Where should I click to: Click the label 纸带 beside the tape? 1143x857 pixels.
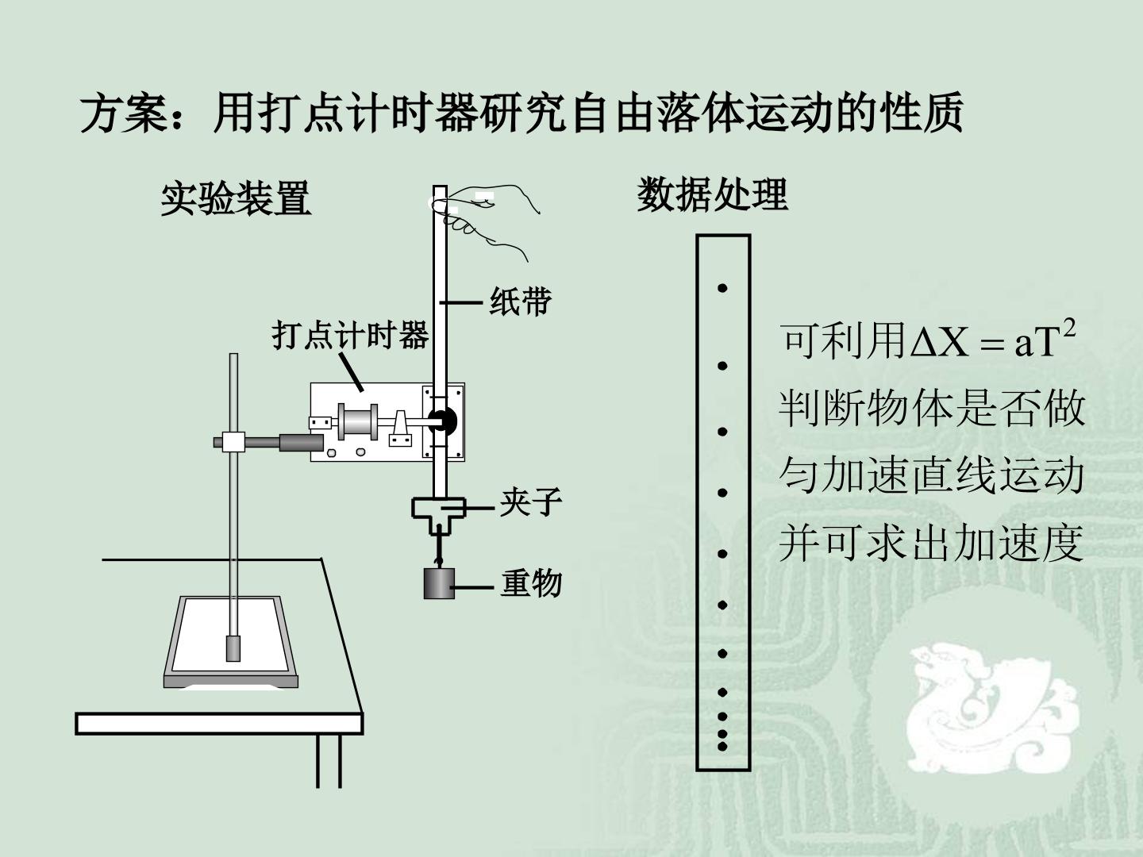(x=520, y=302)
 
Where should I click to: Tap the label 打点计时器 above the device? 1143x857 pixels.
(x=350, y=335)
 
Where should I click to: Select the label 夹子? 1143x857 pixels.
(x=531, y=502)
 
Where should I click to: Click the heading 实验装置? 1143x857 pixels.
(x=236, y=198)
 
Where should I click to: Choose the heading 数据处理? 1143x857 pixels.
(x=712, y=194)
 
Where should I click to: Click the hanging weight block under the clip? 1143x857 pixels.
(x=439, y=583)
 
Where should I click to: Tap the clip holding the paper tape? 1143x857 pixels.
(x=438, y=516)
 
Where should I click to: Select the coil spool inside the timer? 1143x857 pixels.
(x=358, y=421)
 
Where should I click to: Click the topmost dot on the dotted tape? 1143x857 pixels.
(x=722, y=288)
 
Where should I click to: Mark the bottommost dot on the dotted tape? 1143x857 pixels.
(x=722, y=747)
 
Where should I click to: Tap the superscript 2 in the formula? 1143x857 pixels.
(x=1069, y=329)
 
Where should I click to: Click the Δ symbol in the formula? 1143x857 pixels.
(x=924, y=342)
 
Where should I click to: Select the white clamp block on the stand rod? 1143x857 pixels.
(x=233, y=442)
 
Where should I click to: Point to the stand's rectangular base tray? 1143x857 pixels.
(x=231, y=643)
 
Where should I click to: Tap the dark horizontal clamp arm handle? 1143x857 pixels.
(x=301, y=443)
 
